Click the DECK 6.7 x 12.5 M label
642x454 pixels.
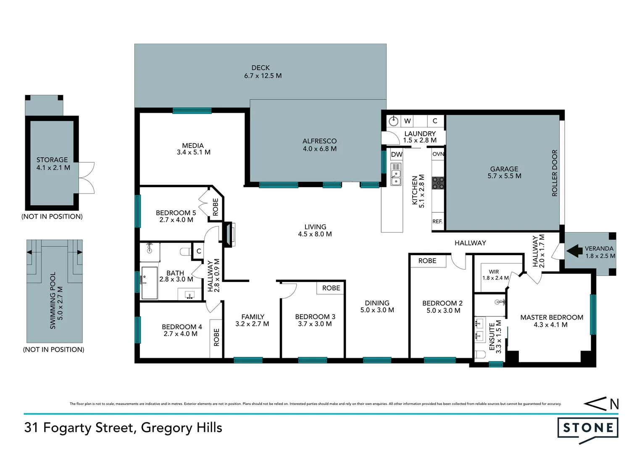point(263,71)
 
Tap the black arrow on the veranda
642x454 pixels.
point(574,251)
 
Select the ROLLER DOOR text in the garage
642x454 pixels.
point(555,173)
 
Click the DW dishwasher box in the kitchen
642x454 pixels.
point(397,154)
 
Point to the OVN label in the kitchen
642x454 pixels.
point(438,154)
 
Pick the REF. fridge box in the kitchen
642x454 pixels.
point(437,221)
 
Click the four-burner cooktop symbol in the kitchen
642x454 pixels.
point(438,183)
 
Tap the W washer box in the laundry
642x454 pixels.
point(407,121)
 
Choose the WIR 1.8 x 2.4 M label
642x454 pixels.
point(495,275)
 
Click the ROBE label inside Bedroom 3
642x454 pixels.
point(331,288)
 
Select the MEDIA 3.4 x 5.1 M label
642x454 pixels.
point(193,149)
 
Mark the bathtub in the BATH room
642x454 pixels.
point(149,283)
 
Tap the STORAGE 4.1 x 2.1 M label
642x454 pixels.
point(53,164)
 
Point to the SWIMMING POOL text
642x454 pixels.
point(53,300)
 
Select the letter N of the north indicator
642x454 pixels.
point(614,404)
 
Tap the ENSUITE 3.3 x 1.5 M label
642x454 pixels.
point(495,337)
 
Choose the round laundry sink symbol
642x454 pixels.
point(393,121)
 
